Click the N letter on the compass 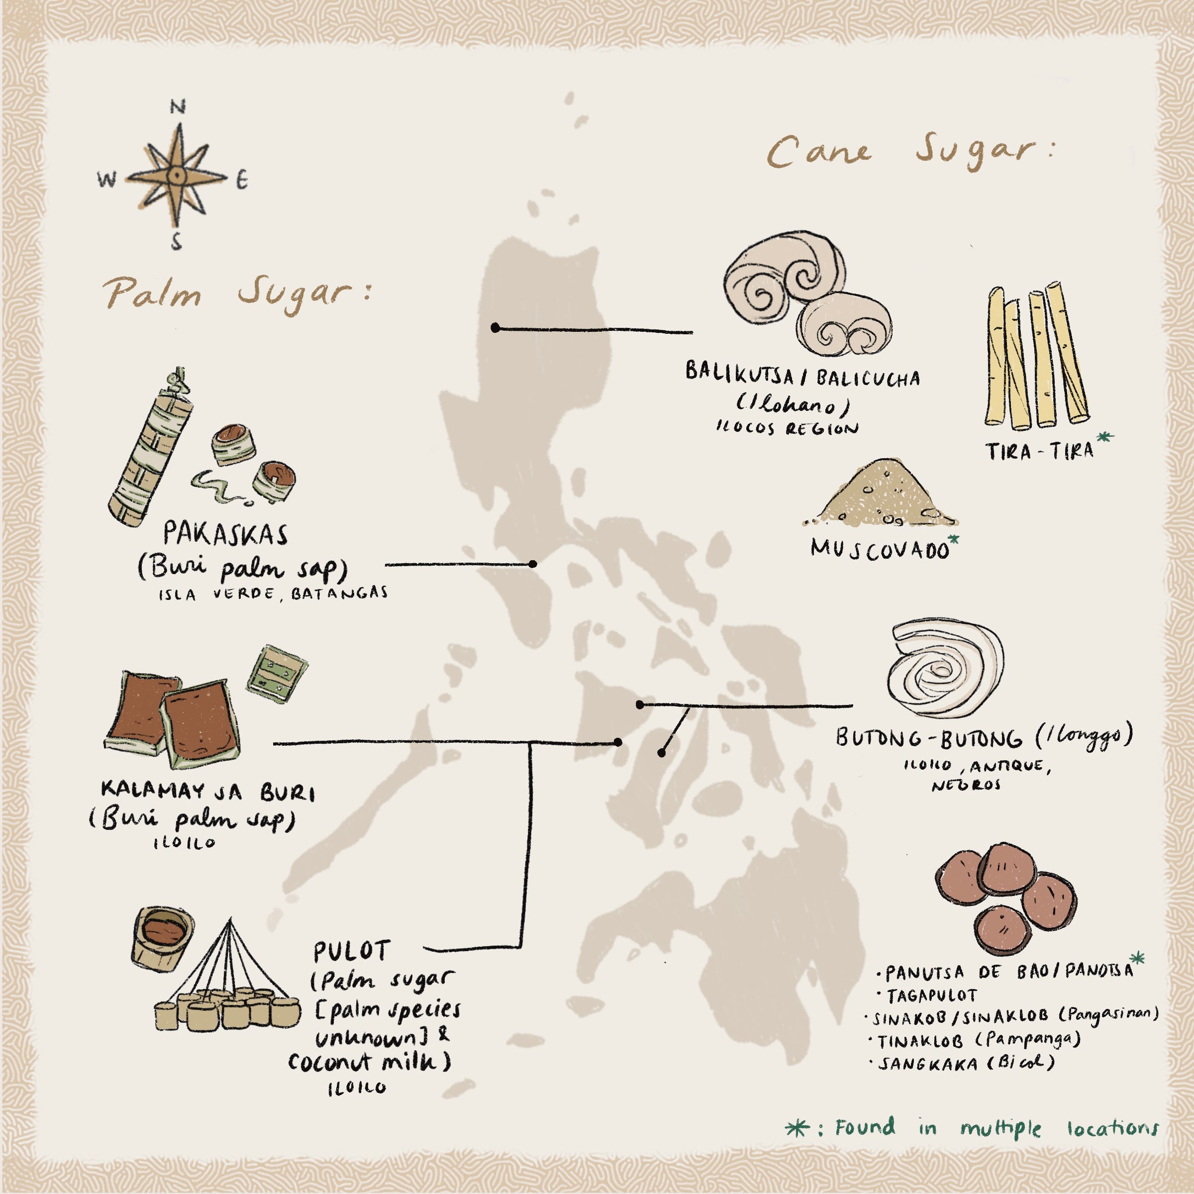point(178,107)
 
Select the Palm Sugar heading point(238,293)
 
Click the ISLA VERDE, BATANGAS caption point(273,594)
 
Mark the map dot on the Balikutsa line point(495,327)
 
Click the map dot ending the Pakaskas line point(533,564)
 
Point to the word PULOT point(351,952)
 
